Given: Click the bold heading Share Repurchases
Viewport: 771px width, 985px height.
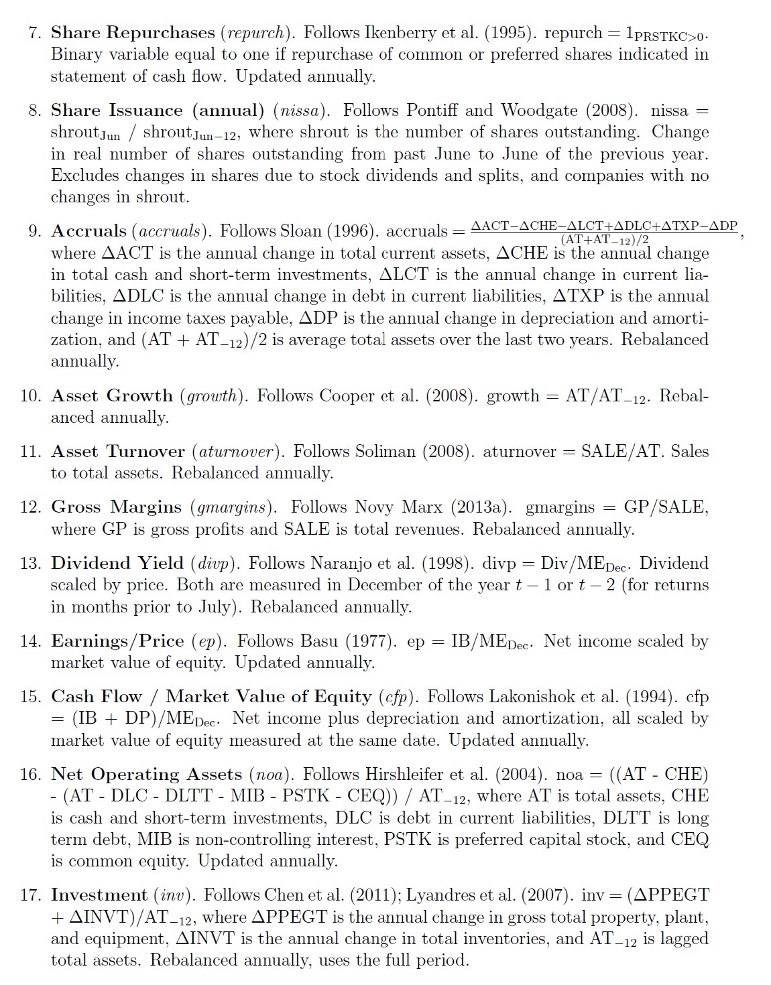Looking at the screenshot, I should click(x=133, y=32).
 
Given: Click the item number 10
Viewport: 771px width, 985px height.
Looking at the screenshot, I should click(x=30, y=396).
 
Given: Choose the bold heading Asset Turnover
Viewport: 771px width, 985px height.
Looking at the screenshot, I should click(x=117, y=452).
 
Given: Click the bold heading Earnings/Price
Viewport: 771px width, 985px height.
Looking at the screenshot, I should click(x=117, y=641).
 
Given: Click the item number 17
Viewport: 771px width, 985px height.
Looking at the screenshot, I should click(x=30, y=895).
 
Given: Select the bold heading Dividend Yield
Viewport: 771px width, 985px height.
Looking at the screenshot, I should click(x=117, y=563).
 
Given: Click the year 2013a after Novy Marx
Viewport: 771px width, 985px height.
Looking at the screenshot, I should click(x=475, y=507).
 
